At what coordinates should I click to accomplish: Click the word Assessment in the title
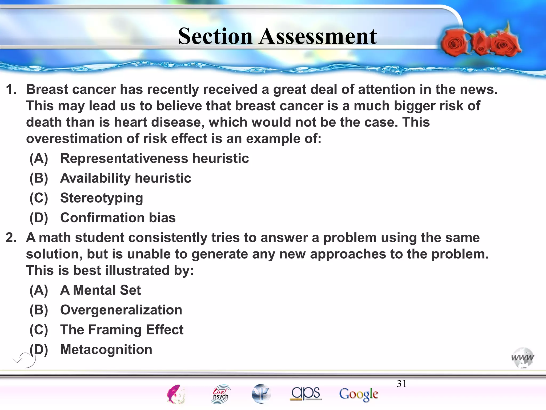318,36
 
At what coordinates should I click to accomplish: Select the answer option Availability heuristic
126,178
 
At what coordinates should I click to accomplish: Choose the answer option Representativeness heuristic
154,158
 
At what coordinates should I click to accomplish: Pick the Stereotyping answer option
102,198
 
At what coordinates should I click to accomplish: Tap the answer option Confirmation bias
118,218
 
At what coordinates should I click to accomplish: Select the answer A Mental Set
100,290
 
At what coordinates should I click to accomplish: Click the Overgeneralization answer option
121,310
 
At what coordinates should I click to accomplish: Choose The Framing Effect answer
122,330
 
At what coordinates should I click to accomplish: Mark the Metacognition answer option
106,349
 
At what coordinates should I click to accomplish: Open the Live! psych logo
220,394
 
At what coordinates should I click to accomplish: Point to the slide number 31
402,384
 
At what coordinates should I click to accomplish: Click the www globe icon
523,358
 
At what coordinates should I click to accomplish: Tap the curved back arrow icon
25,360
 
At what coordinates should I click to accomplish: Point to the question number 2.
11,238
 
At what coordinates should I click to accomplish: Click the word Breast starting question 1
47,89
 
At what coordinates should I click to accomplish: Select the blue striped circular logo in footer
261,394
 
